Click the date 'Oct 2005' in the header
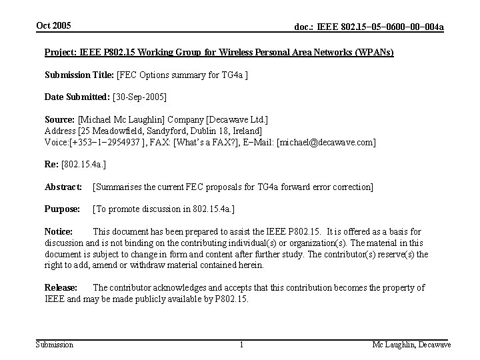[53, 25]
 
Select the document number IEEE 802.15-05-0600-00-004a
[369, 27]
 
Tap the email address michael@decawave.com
[326, 143]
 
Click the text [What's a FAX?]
[204, 143]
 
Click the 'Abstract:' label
[63, 188]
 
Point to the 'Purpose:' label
[61, 209]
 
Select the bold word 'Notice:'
[59, 232]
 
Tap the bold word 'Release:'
[61, 288]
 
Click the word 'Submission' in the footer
[54, 344]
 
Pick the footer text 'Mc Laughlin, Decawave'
[411, 344]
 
